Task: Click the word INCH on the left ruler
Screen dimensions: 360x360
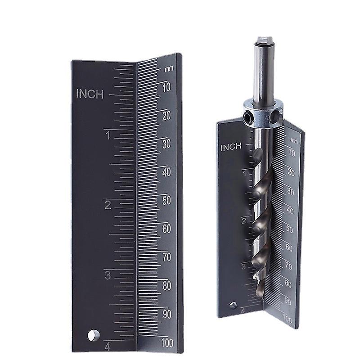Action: pos(90,94)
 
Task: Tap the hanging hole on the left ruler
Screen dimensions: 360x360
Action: pos(94,335)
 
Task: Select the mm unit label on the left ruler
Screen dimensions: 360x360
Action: pos(169,69)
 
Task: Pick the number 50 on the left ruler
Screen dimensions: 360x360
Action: pos(166,201)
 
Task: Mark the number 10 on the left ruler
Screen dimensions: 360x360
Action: pos(166,88)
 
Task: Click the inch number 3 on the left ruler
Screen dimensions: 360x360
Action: pos(107,275)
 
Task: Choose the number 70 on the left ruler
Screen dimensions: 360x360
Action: pos(166,257)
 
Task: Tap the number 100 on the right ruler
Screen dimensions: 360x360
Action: pos(287,320)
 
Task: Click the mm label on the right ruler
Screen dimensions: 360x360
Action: pos(294,140)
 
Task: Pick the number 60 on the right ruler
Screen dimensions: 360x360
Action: pos(289,247)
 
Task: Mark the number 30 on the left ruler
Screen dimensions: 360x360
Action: pos(166,144)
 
